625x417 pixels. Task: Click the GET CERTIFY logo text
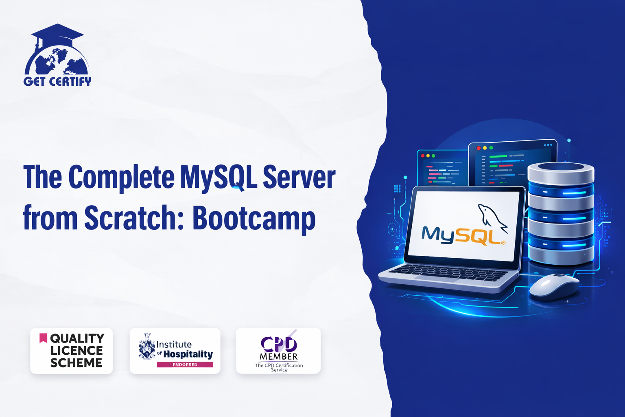point(57,81)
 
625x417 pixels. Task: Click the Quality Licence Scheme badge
point(72,351)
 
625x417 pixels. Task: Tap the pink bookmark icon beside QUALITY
point(43,338)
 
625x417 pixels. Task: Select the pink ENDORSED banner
point(185,364)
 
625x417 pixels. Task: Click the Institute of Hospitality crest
point(147,346)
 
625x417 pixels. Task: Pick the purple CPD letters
point(279,344)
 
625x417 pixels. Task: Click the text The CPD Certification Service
point(279,367)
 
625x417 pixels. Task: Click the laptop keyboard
point(448,272)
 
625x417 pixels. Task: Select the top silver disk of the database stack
point(561,172)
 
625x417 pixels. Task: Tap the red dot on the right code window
point(479,148)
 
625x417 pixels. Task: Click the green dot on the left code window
point(433,156)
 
